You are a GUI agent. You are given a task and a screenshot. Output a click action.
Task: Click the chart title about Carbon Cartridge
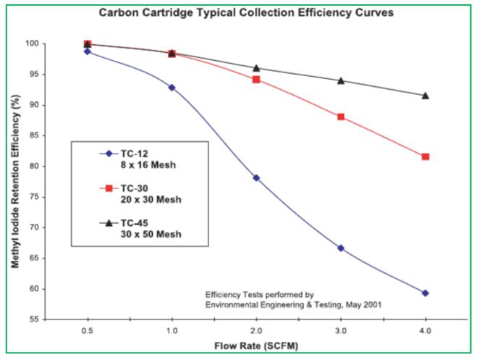click(x=240, y=12)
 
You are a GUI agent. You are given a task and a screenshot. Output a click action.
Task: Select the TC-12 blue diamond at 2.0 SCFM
click(x=256, y=177)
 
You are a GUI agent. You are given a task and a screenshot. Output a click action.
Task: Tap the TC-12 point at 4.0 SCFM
click(x=426, y=293)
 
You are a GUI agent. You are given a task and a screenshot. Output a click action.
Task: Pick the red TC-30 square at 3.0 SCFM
click(x=341, y=117)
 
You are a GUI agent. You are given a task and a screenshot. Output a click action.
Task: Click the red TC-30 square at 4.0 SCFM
click(x=426, y=156)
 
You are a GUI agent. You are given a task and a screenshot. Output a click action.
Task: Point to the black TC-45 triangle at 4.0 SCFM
click(x=426, y=95)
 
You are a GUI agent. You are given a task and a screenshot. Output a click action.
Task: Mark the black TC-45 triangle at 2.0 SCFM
click(x=256, y=68)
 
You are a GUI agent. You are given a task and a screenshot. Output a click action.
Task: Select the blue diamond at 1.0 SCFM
click(x=172, y=87)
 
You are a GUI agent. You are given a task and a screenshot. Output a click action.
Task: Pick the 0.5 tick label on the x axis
click(x=87, y=331)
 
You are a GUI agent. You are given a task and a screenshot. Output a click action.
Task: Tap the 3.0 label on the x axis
click(x=341, y=331)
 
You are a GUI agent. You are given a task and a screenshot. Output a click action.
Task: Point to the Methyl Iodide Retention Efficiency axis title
click(x=14, y=181)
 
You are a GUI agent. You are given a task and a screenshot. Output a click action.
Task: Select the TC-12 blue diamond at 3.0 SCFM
click(x=341, y=248)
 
